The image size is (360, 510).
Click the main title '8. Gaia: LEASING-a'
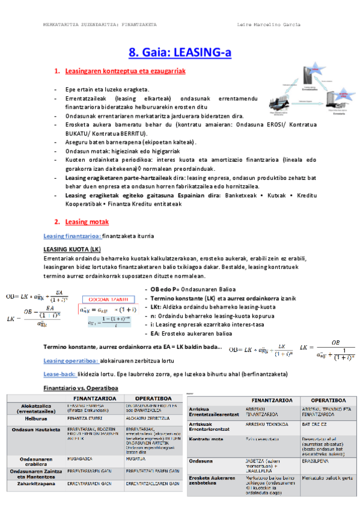180,53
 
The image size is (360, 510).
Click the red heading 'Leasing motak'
86,221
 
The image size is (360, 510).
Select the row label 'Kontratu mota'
208,439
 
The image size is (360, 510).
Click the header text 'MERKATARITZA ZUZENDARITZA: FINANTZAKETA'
100,25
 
